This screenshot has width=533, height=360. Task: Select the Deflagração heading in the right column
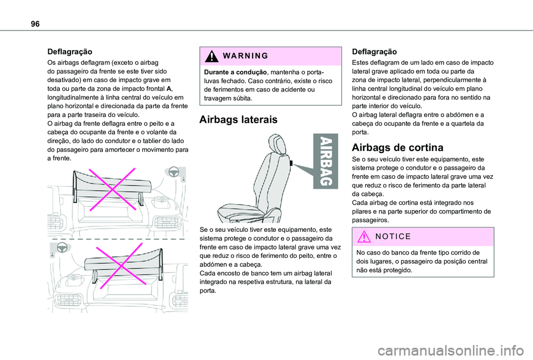pyautogui.click(x=375, y=50)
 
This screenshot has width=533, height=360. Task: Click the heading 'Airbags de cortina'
pyautogui.click(x=398, y=148)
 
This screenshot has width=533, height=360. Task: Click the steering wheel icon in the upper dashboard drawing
pyautogui.click(x=173, y=171)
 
